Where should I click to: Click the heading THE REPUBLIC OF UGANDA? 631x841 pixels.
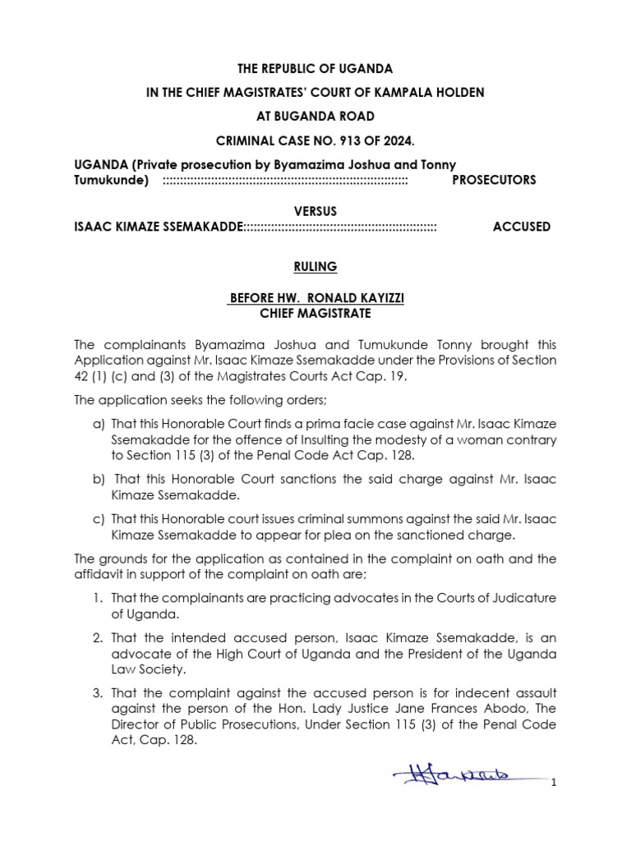(x=315, y=68)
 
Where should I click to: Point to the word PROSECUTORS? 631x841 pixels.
(x=494, y=180)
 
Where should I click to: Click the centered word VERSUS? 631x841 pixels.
(x=315, y=211)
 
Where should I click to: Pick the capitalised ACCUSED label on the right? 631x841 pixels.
(x=522, y=227)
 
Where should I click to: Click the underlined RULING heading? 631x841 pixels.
(x=315, y=267)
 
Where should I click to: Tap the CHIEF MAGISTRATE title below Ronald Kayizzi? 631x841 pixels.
(x=315, y=314)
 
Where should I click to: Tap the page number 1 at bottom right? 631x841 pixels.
(x=555, y=783)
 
